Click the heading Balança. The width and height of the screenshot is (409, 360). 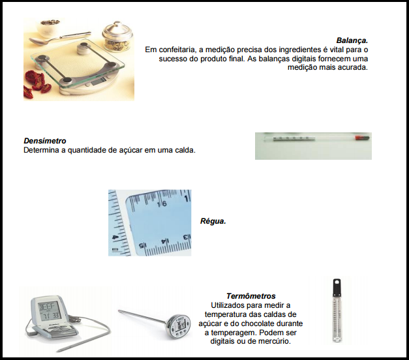point(352,40)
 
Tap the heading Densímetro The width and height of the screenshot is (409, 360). point(45,141)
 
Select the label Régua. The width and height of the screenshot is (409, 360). point(213,221)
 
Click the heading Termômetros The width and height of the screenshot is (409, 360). point(250,296)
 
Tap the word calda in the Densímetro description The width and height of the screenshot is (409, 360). point(185,150)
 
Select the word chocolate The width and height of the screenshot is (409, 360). point(257,323)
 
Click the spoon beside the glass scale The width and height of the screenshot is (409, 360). point(59,38)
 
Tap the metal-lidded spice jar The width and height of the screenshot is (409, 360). point(117,38)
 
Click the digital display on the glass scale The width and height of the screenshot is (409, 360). point(98,82)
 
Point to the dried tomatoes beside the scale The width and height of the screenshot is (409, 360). point(37,83)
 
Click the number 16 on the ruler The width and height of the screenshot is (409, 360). point(162,203)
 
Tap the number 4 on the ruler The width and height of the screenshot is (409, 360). point(115,237)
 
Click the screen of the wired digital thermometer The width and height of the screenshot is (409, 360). point(49,311)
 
